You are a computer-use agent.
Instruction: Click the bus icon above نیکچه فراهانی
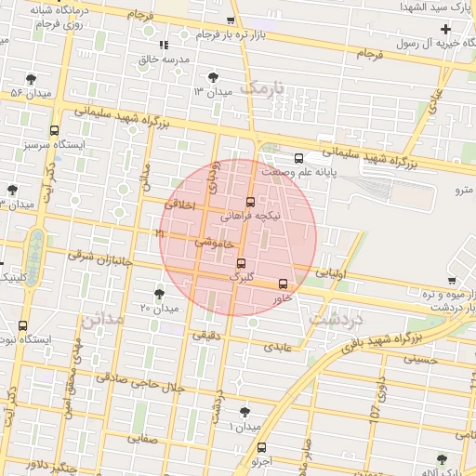tap(249, 201)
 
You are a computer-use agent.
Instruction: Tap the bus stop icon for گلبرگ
tap(241, 263)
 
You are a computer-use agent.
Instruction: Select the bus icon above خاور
tap(283, 284)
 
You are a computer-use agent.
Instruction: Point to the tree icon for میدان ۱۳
tap(215, 76)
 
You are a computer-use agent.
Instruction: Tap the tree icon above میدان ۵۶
tap(33, 78)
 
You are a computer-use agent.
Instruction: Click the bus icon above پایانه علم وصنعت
tap(297, 158)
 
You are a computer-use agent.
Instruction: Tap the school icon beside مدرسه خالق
tap(164, 45)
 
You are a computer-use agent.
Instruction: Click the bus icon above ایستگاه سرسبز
tap(54, 131)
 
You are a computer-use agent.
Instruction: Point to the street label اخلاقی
tap(180, 204)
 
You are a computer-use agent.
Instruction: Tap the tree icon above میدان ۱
tap(245, 411)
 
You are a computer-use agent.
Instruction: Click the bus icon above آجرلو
tap(261, 447)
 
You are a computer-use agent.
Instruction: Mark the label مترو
tap(462, 190)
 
